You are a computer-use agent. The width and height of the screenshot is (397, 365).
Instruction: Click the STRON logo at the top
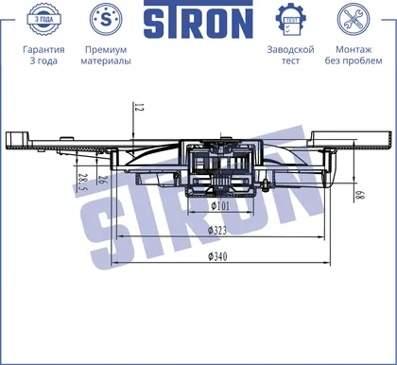pyautogui.click(x=198, y=19)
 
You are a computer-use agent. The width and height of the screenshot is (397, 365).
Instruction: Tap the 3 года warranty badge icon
pyautogui.click(x=43, y=19)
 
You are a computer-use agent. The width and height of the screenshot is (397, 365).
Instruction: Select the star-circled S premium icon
pyautogui.click(x=106, y=19)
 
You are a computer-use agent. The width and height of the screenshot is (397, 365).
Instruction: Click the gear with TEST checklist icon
pyautogui.click(x=290, y=19)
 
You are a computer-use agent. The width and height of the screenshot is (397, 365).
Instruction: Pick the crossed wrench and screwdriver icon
pyautogui.click(x=354, y=19)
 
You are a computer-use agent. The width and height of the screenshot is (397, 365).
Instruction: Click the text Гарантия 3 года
pyautogui.click(x=43, y=55)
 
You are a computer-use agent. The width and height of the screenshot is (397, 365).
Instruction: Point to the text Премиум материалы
pyautogui.click(x=106, y=55)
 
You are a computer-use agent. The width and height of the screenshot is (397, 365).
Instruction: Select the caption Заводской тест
pyautogui.click(x=290, y=55)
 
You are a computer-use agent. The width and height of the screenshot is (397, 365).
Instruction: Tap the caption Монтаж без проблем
pyautogui.click(x=354, y=55)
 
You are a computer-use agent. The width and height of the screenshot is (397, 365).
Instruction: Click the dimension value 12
pyautogui.click(x=139, y=107)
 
